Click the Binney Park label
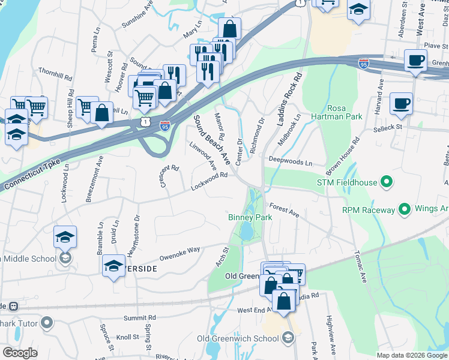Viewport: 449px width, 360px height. pos(250,217)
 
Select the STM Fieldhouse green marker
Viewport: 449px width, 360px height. pos(387,181)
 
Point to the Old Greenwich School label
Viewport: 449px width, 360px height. pos(238,339)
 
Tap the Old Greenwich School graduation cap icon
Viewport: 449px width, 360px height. pos(289,339)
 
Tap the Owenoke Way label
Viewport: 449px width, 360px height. pos(179,254)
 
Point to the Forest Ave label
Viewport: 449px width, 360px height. pos(284,209)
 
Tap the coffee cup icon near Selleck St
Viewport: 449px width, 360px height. pos(401,103)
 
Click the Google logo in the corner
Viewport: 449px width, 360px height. pos(20,352)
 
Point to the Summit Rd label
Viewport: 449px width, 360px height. pos(139,317)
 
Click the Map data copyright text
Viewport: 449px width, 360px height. pos(411,355)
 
